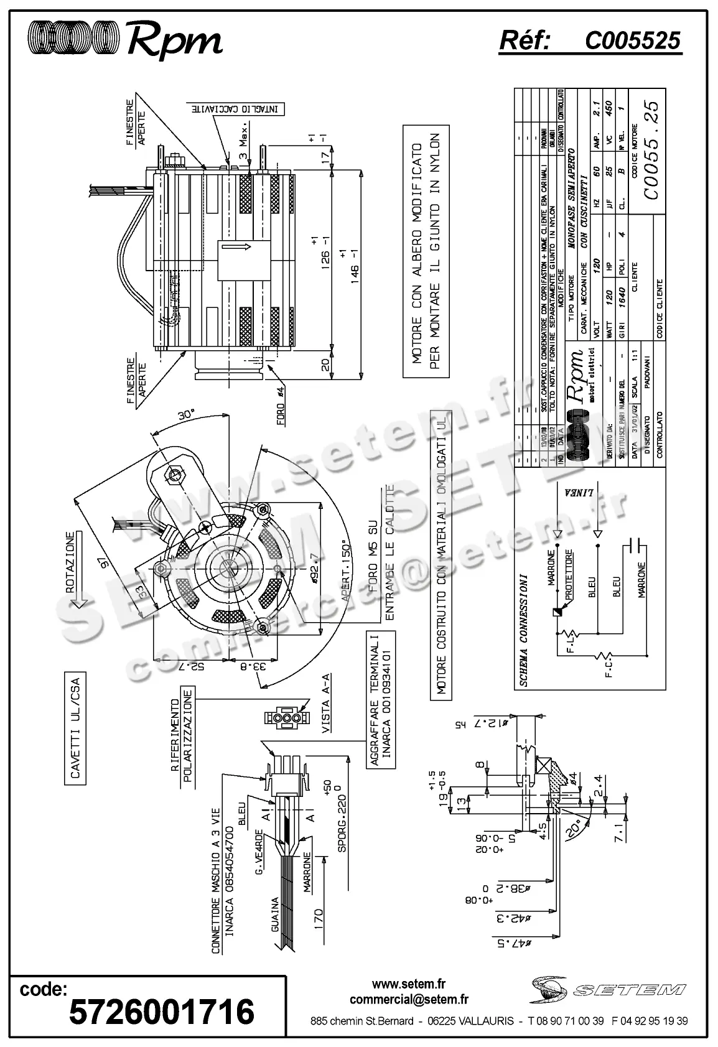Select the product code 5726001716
point(161,1011)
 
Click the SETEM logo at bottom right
point(608,987)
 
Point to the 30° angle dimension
point(185,416)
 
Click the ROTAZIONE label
point(71,562)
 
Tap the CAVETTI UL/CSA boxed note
point(75,727)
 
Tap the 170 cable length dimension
point(317,918)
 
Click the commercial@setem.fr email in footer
point(409,1000)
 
